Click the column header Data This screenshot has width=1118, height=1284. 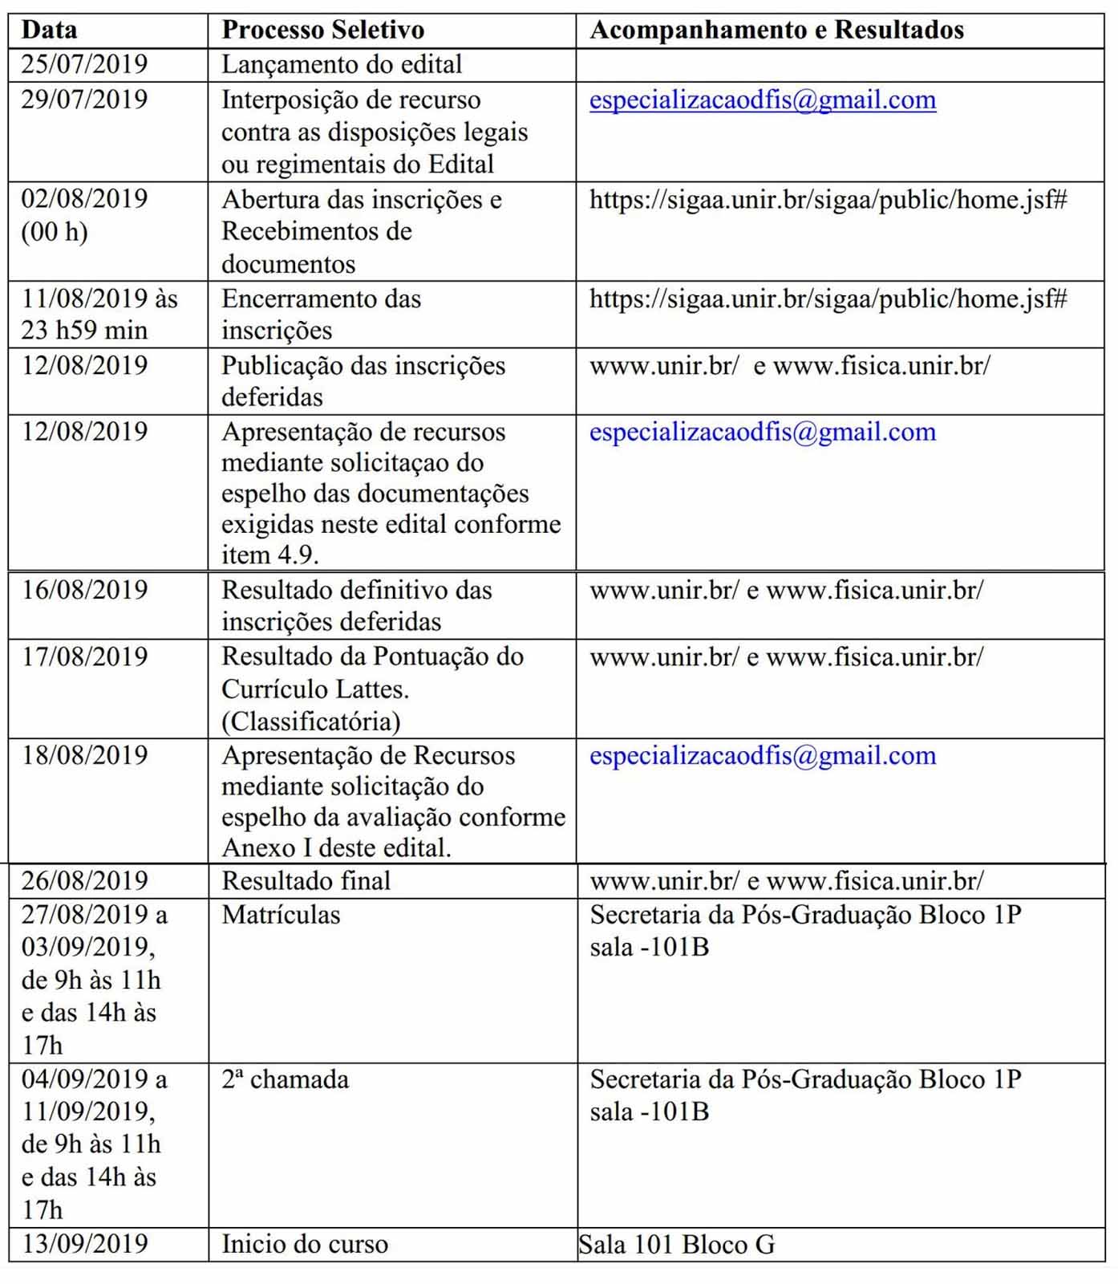point(49,30)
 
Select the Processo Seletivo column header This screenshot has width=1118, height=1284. point(322,30)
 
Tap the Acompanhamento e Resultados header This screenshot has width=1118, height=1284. point(776,30)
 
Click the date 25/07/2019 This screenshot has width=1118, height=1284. point(84,64)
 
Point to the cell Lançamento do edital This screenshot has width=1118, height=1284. point(342,64)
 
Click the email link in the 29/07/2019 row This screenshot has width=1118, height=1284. point(762,100)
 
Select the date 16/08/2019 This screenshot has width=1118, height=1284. point(84,590)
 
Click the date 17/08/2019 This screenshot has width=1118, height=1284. point(84,656)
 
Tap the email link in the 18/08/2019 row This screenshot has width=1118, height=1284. point(762,755)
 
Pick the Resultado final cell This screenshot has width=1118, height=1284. point(306,880)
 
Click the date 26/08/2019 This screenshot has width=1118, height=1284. point(84,880)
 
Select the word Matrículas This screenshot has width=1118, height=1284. point(281,914)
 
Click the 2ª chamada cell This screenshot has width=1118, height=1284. point(285,1079)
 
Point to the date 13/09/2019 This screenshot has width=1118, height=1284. point(84,1243)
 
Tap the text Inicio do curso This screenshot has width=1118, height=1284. point(305,1244)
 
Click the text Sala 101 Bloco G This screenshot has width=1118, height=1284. point(677,1244)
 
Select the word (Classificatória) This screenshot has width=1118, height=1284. point(310,721)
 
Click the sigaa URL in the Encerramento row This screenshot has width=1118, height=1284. point(828,299)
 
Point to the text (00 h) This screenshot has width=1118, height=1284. point(54,232)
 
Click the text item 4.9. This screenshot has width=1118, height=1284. point(269,555)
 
